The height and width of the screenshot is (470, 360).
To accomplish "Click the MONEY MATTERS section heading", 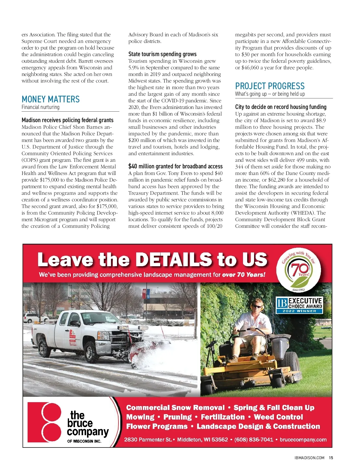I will point(51,99).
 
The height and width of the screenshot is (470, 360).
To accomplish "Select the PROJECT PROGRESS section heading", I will point(270,86).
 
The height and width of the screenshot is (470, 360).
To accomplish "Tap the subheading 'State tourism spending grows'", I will point(162,54).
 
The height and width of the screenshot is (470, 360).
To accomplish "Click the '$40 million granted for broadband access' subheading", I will point(175,166).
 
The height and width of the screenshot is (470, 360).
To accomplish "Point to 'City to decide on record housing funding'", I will point(280,107).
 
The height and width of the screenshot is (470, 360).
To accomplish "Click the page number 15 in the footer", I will point(331,458).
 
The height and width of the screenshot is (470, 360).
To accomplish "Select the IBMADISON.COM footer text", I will point(309,458).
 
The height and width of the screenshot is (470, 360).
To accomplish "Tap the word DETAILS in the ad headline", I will point(174,260).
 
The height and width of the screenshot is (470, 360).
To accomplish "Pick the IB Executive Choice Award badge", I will point(299,305).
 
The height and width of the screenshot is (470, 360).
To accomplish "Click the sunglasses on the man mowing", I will point(257,306).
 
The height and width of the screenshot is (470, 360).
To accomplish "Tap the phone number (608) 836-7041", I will point(253,439).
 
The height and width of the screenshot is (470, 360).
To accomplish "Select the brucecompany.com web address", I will point(303,439).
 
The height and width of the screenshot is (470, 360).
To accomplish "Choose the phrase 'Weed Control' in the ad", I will point(278,417).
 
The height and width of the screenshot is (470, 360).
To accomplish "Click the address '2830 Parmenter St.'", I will point(148,439).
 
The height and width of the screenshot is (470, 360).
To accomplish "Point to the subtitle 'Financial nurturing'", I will point(40,107).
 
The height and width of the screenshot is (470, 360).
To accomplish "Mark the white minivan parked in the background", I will point(35,317).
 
